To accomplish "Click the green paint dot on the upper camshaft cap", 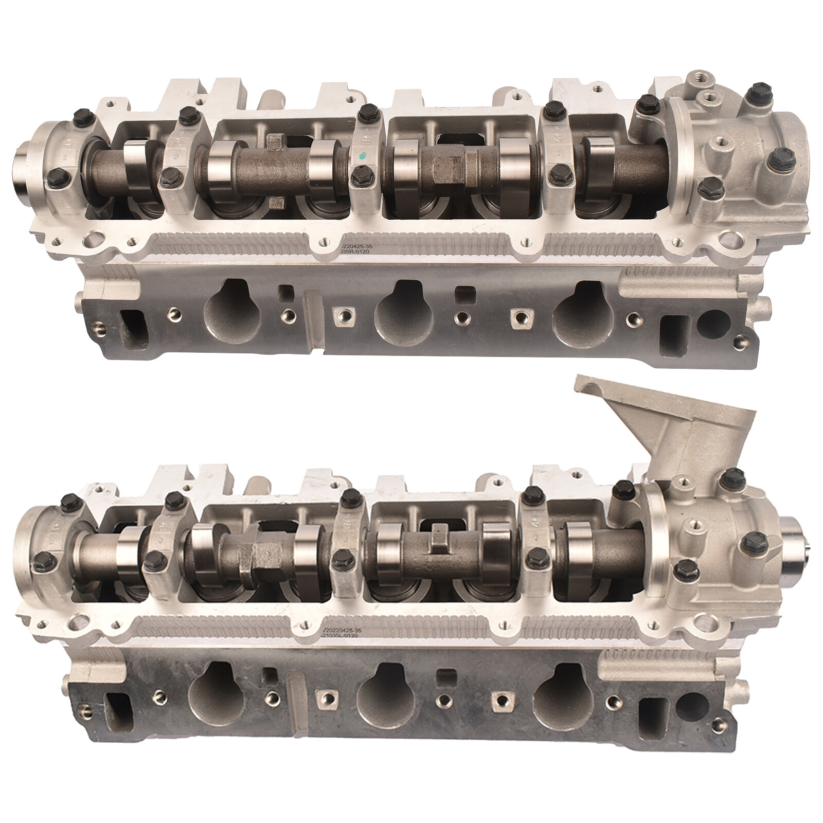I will (x=364, y=155).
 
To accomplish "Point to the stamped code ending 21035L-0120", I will (x=339, y=636).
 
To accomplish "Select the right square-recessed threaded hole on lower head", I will (x=499, y=701).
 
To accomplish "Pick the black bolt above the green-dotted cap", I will (x=367, y=111).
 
